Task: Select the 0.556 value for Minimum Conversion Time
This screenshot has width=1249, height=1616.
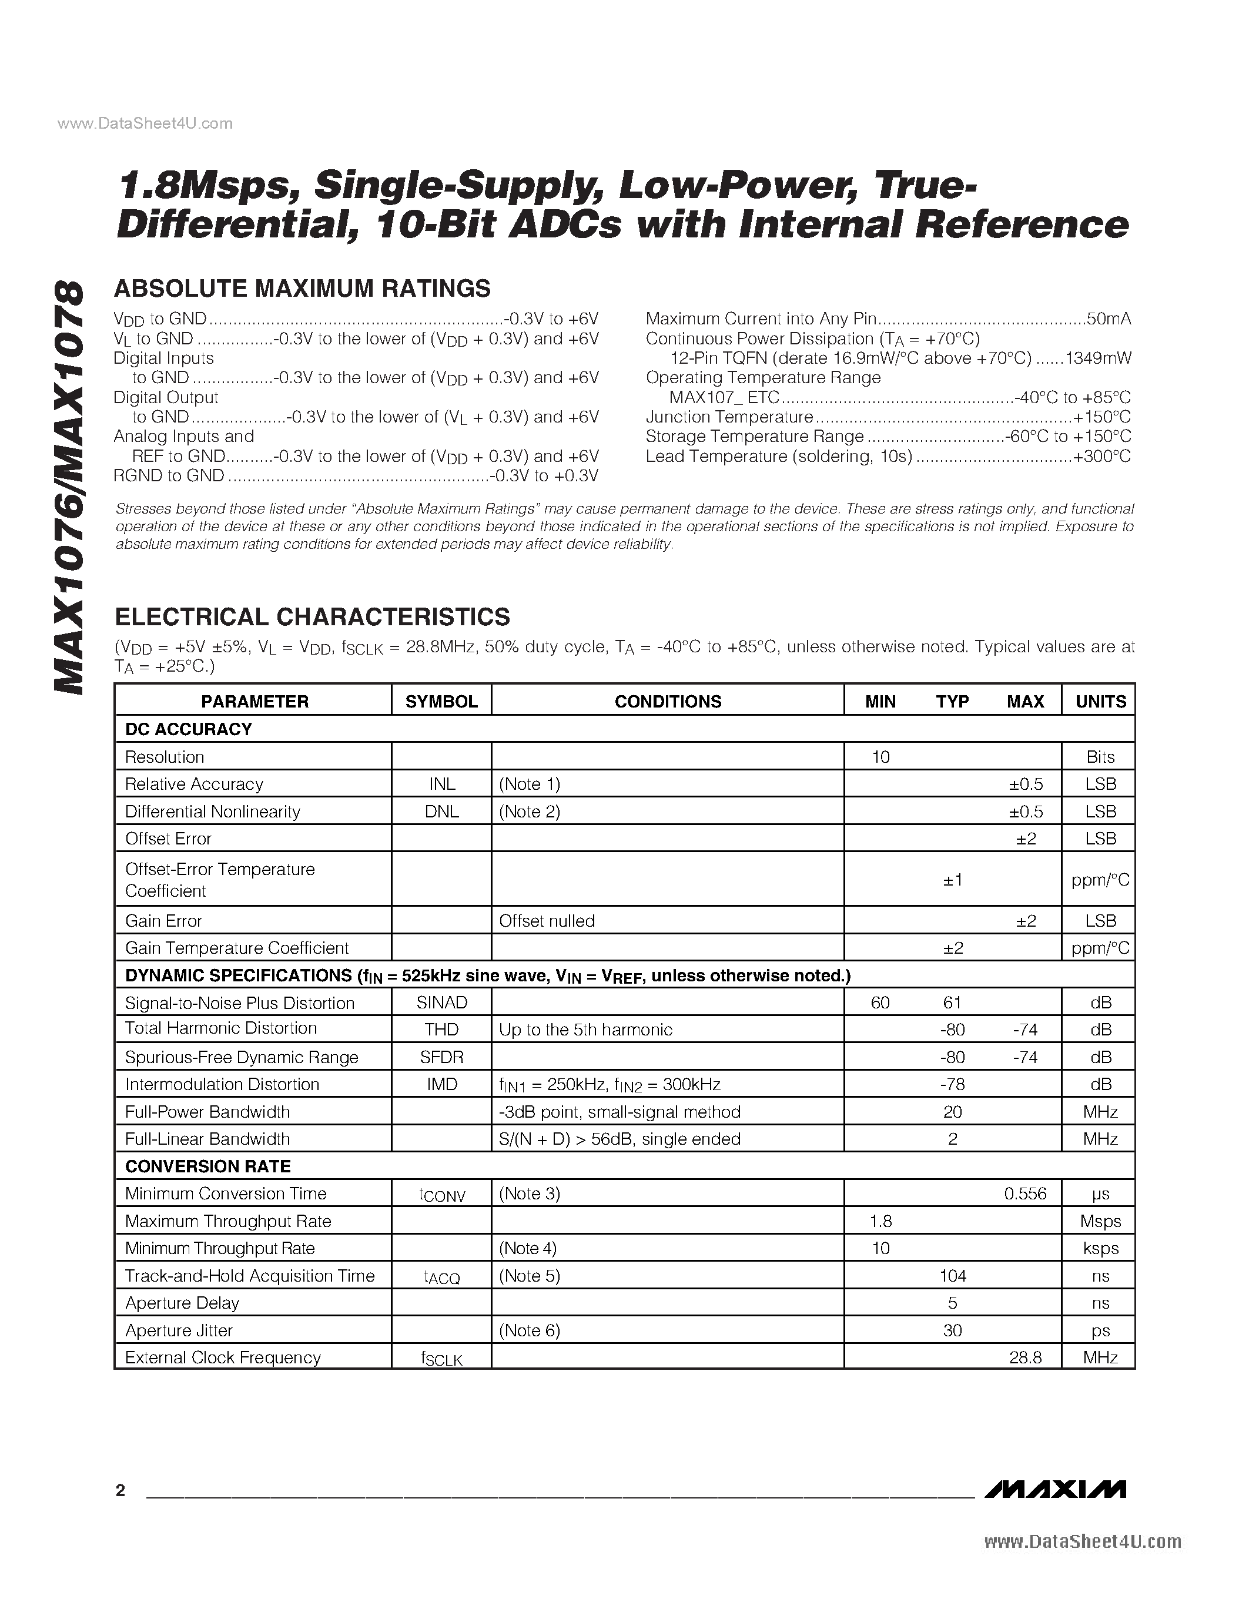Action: [1025, 1193]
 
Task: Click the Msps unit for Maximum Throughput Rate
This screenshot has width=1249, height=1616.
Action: [1100, 1221]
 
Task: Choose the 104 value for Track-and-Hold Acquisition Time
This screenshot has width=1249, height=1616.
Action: [952, 1276]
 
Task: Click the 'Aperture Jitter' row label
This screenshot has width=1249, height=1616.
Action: [179, 1330]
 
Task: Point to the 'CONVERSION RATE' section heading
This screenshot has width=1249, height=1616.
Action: [208, 1166]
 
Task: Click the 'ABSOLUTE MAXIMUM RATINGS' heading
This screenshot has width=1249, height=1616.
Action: [302, 288]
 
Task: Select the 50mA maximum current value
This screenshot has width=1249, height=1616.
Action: [1109, 319]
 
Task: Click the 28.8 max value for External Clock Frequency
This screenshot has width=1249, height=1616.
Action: [1025, 1358]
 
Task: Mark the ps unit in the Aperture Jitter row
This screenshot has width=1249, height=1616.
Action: [1100, 1330]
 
